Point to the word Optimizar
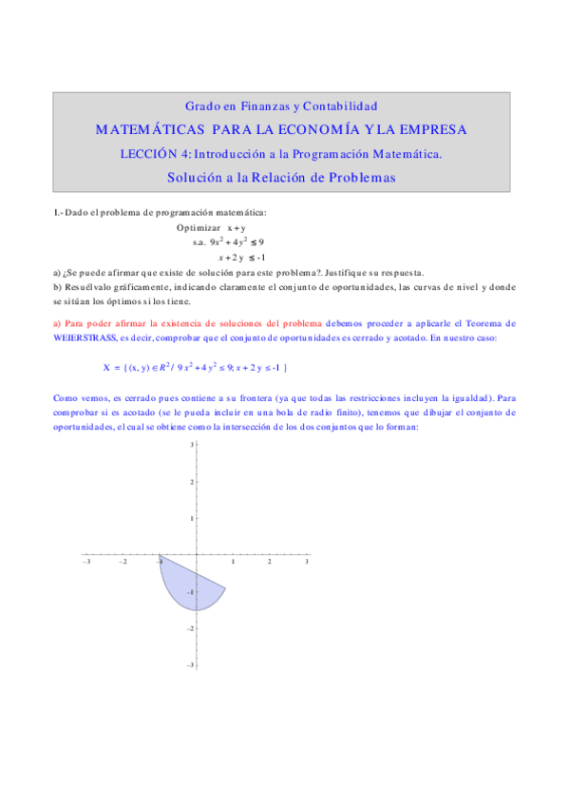coord(199,228)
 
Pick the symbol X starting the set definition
coord(106,367)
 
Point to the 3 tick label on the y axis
coord(192,445)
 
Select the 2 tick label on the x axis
coord(269,563)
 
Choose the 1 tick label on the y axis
coord(192,518)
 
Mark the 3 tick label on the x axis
coord(306,563)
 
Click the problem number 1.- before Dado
coord(58,212)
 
